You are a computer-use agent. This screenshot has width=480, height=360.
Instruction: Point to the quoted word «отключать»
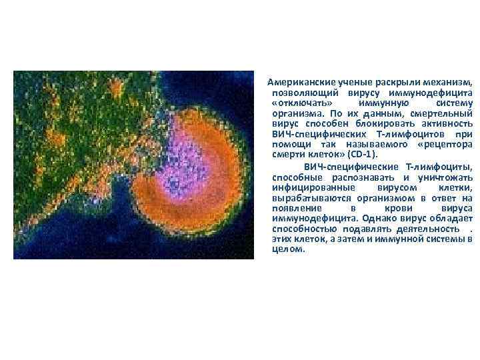tap(295, 104)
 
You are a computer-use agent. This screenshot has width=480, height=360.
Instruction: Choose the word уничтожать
tap(446, 177)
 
